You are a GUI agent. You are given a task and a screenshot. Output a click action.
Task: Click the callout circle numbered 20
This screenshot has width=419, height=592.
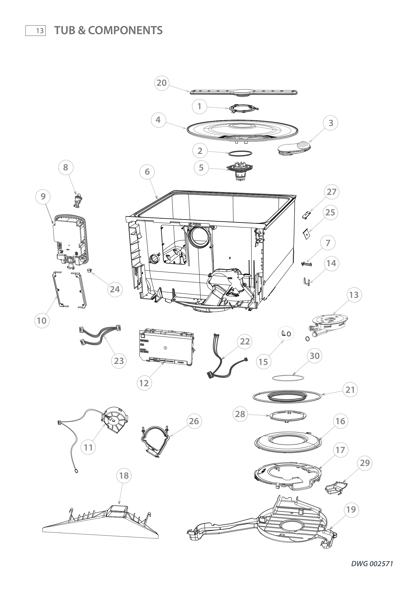pyautogui.click(x=162, y=83)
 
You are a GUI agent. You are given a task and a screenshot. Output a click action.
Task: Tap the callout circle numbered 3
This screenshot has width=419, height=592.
pyautogui.click(x=331, y=123)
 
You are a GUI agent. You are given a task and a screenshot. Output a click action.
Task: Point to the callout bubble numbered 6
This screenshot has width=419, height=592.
pyautogui.click(x=147, y=172)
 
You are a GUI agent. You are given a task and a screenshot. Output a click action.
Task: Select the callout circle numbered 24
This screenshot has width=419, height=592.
pyautogui.click(x=115, y=289)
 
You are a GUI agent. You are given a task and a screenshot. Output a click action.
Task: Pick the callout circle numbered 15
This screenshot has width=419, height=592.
pyautogui.click(x=263, y=362)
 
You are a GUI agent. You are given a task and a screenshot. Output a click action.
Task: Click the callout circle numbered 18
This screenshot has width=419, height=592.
pyautogui.click(x=124, y=475)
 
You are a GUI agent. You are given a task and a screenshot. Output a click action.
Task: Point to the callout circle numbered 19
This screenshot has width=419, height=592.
pyautogui.click(x=351, y=509)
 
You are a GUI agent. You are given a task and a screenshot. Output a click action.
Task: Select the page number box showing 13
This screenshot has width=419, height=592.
pyautogui.click(x=36, y=31)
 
